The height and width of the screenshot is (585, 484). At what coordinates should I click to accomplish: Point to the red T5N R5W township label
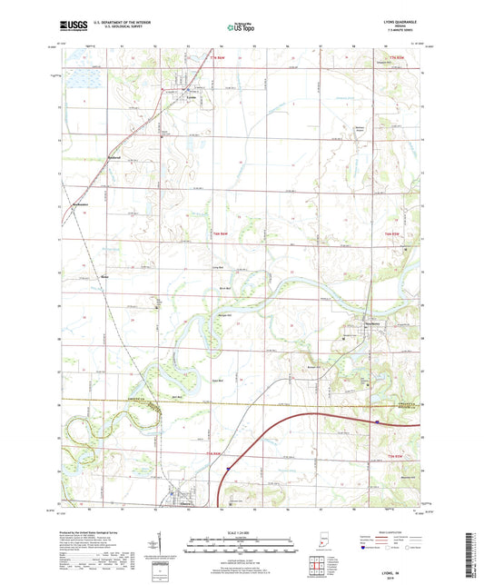tap(395, 454)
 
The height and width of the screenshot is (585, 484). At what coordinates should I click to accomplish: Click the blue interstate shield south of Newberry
tap(375, 420)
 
